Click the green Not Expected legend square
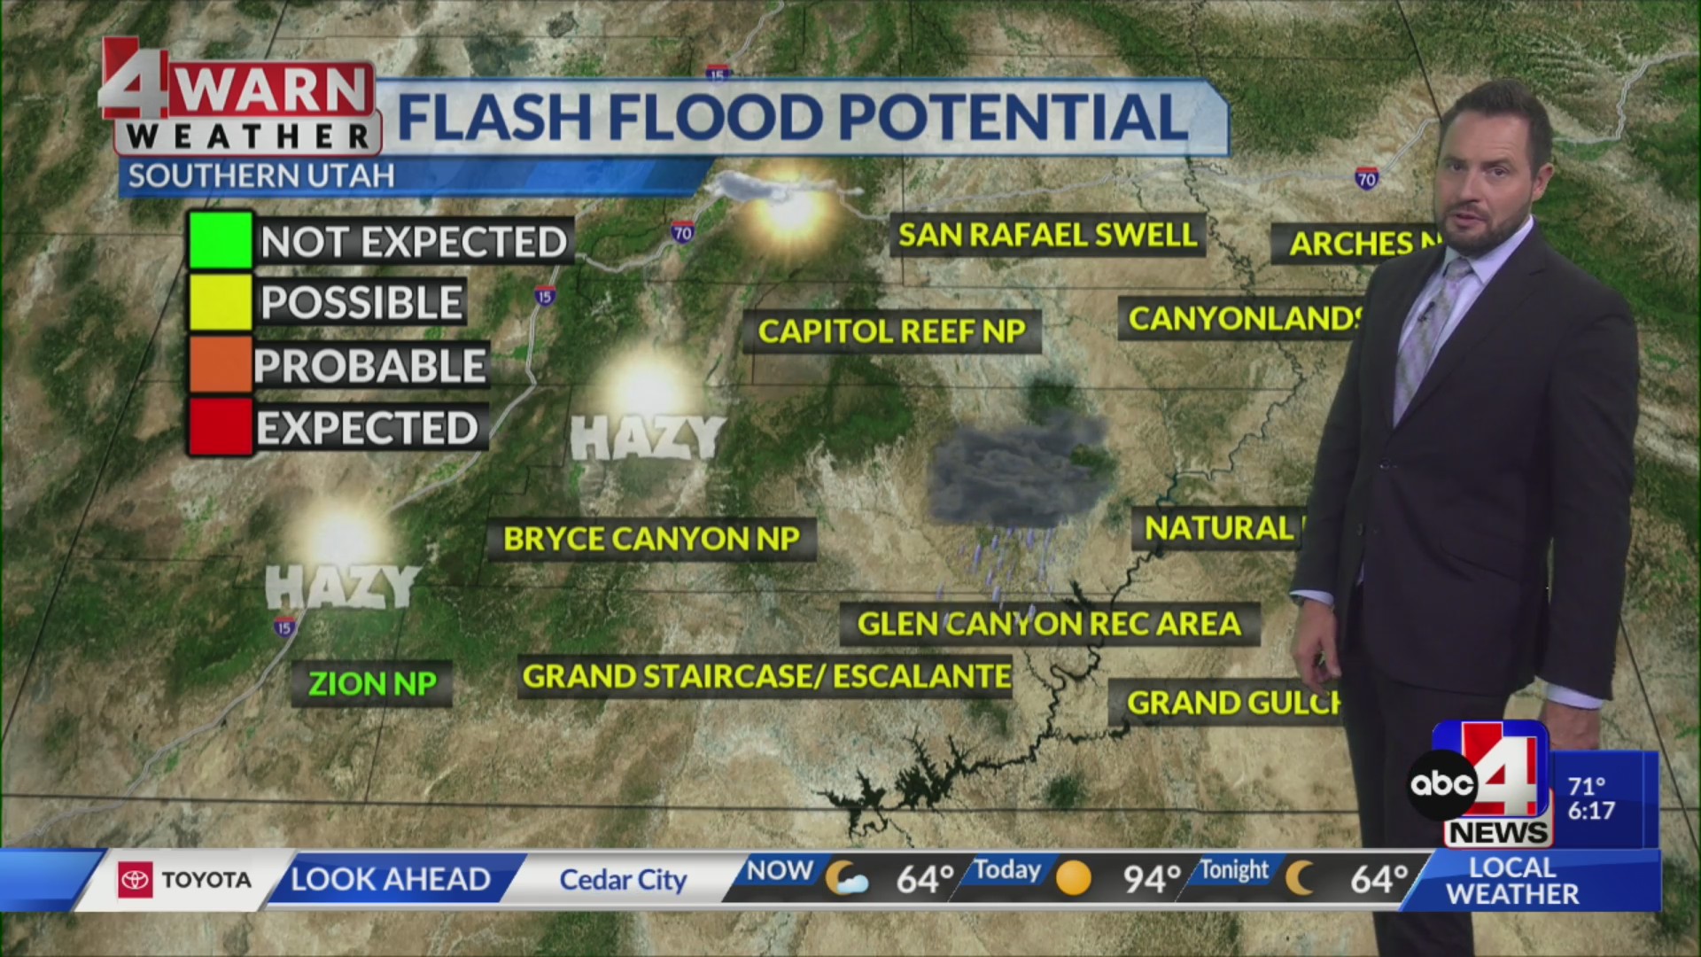tap(221, 240)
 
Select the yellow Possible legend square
tap(221, 302)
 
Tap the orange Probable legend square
tap(221, 364)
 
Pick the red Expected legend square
tap(221, 427)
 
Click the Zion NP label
tap(372, 684)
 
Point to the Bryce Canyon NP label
tap(651, 539)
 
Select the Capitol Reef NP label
tap(891, 331)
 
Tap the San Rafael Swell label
tap(1047, 235)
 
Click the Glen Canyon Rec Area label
tap(1049, 624)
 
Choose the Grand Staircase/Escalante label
tap(766, 676)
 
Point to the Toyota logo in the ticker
tap(136, 880)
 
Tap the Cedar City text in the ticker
tap(623, 880)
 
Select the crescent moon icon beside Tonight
tap(1301, 878)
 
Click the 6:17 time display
tap(1591, 811)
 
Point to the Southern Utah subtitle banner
tap(261, 176)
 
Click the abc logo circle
tap(1442, 784)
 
